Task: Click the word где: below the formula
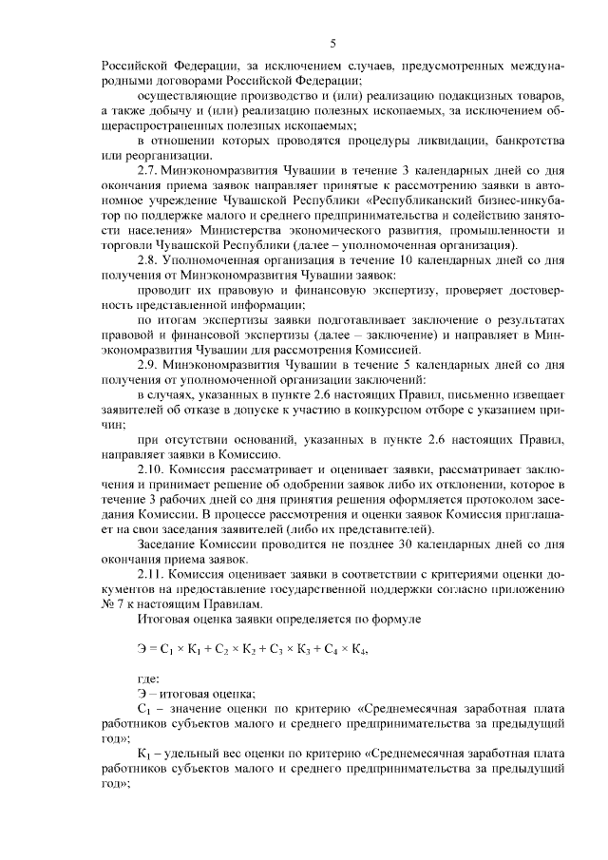(x=149, y=678)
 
